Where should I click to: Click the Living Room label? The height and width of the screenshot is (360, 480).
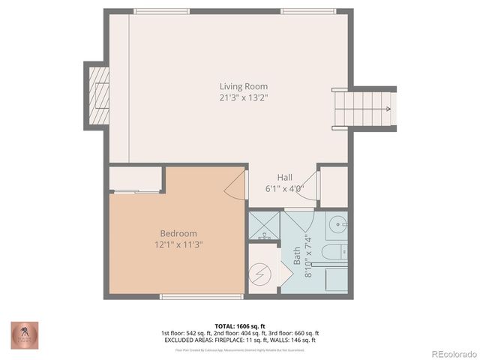[x=243, y=86]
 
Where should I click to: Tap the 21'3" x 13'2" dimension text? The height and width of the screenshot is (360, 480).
[x=243, y=97]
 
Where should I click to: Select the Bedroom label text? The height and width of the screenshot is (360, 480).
[x=178, y=233]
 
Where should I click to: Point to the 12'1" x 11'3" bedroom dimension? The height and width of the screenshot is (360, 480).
[x=178, y=244]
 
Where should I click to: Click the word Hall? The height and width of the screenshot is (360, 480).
[x=284, y=178]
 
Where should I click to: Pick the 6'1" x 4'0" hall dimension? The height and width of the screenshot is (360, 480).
[x=284, y=189]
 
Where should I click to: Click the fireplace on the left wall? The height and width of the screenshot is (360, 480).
[x=97, y=94]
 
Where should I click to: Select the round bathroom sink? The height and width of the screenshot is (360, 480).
[x=338, y=224]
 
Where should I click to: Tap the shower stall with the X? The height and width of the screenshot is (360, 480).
[x=264, y=225]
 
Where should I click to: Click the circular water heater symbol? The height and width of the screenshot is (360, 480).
[x=262, y=273]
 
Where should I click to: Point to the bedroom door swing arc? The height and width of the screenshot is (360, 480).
[x=235, y=184]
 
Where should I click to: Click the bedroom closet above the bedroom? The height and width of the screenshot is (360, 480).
[x=136, y=179]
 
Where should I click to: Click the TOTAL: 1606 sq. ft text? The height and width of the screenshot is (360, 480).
[x=239, y=326]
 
